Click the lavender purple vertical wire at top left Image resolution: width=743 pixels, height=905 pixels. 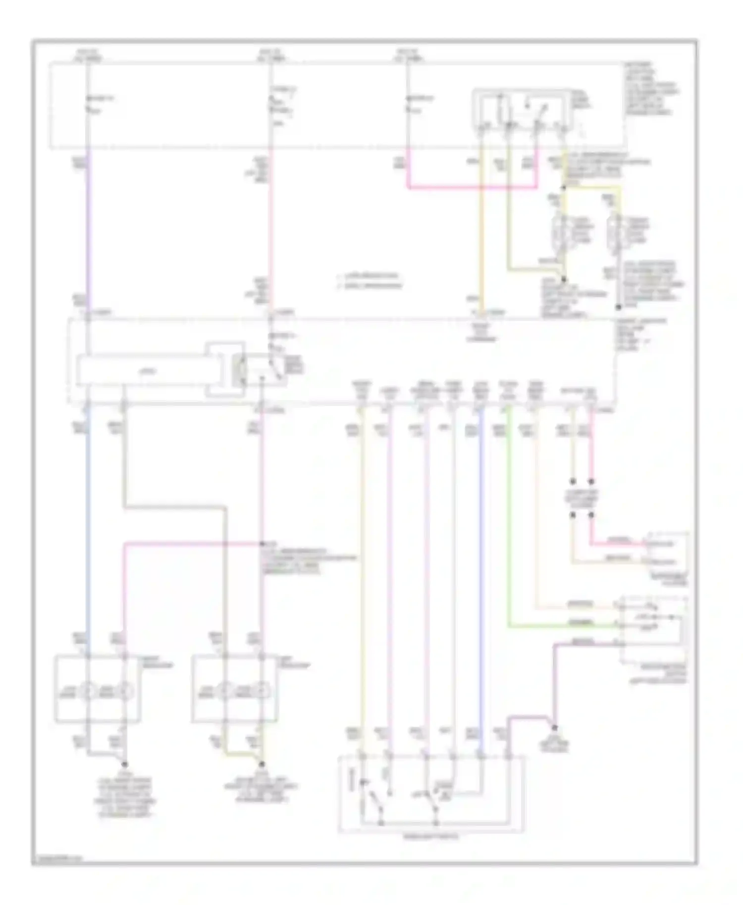coord(88,233)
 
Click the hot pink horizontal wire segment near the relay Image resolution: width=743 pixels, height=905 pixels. coord(471,188)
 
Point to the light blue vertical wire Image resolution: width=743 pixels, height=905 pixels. coord(88,520)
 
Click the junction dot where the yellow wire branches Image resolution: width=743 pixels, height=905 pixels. coord(564,188)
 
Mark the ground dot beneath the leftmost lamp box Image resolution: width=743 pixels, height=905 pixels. coord(124,764)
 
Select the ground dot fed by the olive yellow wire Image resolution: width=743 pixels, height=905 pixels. coord(262,764)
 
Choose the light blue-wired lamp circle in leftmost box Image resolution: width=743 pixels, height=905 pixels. coord(88,690)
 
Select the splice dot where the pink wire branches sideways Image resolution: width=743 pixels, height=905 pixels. coord(262,544)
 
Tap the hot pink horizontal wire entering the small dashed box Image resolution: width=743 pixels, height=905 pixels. coord(619,544)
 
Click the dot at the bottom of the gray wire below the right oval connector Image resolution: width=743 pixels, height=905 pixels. coord(619,305)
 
